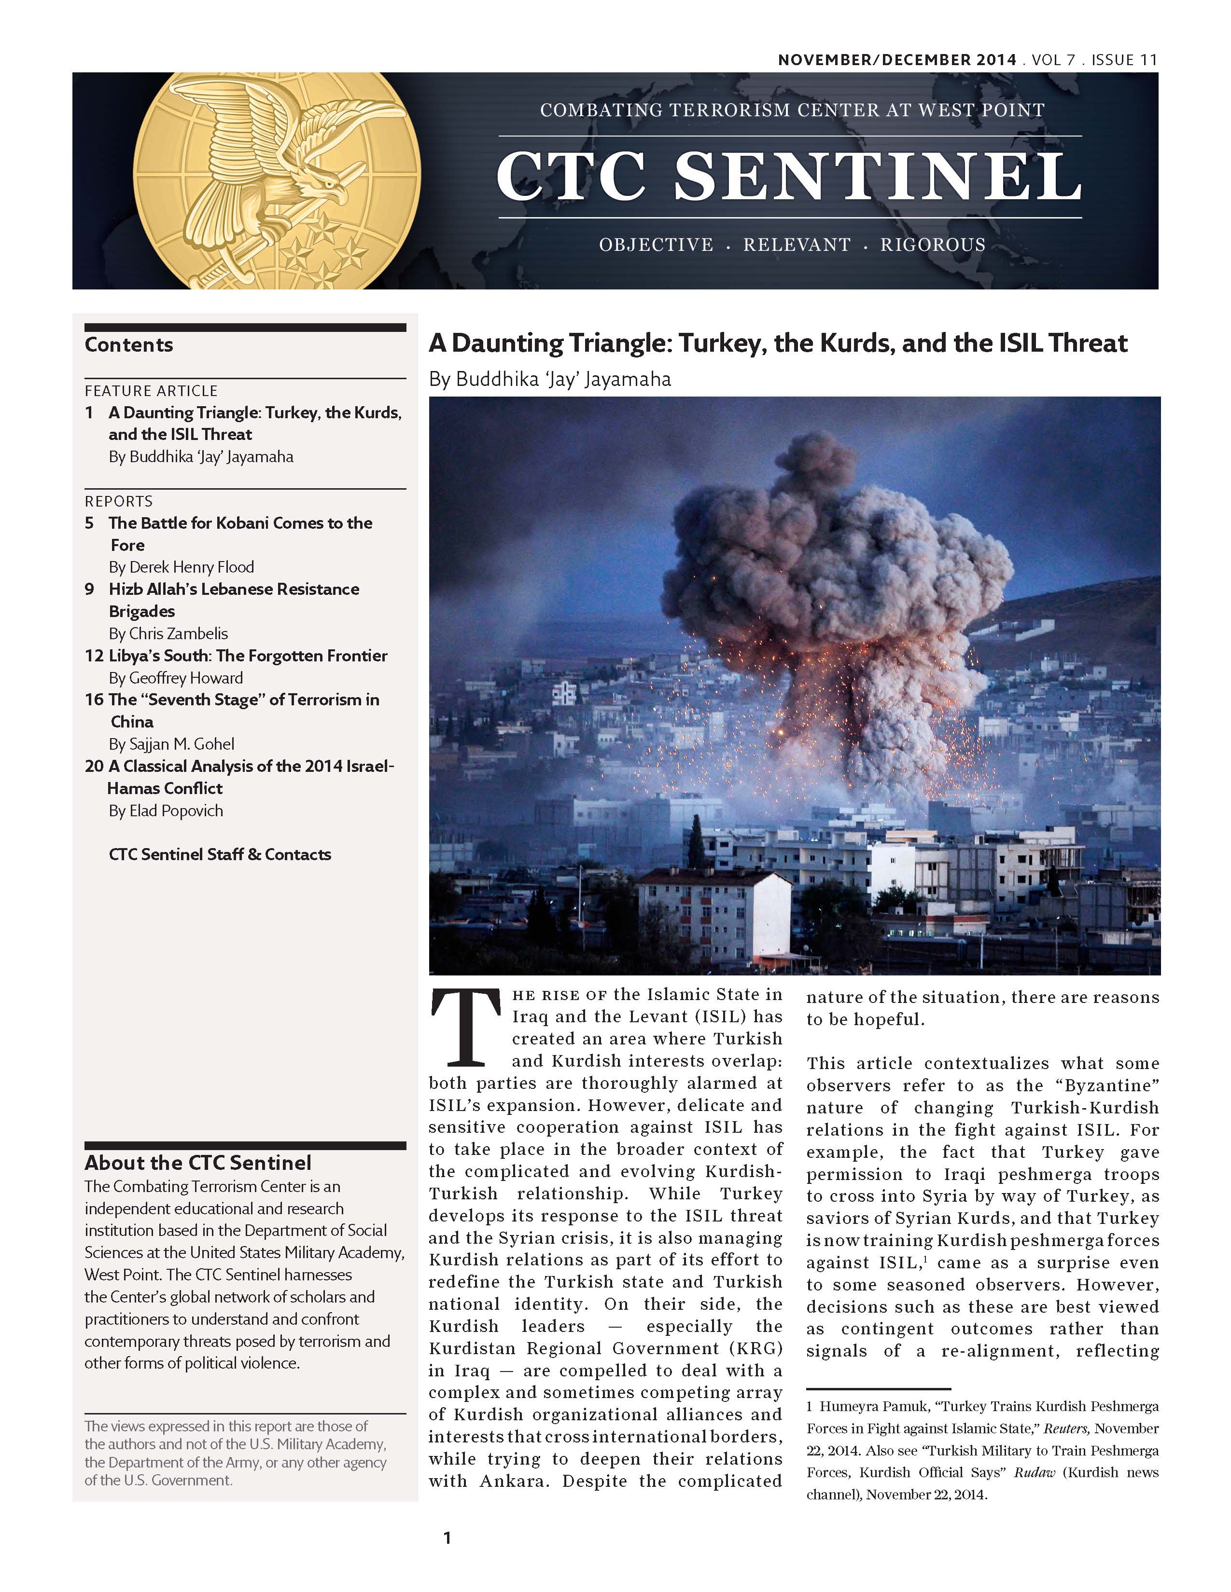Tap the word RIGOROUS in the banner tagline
pos(932,245)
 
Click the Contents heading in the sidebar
pos(129,345)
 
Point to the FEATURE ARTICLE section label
pos(151,391)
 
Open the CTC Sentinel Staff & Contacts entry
pos(220,854)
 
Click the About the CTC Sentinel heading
pos(197,1163)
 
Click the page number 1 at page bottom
pos(447,1538)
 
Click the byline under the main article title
pos(549,379)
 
